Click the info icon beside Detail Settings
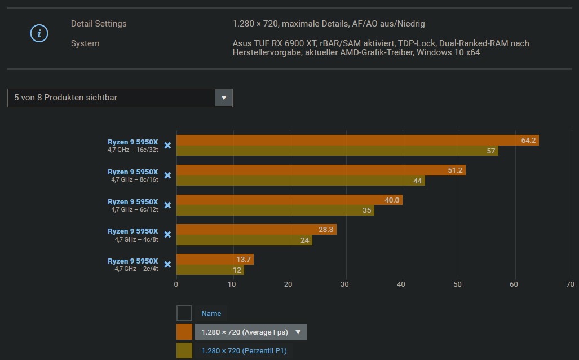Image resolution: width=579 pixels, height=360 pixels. pos(39,34)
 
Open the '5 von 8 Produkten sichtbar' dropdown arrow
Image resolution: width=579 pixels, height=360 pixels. pos(224,98)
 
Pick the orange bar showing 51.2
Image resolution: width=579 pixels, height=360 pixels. pos(321,170)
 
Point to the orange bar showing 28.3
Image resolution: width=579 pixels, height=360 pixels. pos(257,230)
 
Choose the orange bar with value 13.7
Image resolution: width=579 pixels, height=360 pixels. pos(215,260)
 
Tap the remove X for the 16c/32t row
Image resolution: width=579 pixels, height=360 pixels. pos(167,146)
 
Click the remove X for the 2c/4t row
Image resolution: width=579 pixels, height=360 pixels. pos(167,265)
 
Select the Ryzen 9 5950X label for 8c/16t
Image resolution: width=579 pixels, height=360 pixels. pos(133,172)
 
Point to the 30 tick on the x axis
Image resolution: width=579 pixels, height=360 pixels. pos(345,284)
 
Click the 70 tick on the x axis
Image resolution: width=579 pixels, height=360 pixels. pos(570,284)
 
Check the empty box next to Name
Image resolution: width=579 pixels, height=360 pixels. pos(184,313)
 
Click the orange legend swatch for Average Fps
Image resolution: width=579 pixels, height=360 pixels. pos(184,332)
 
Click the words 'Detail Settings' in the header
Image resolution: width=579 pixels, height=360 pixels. pos(99,24)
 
